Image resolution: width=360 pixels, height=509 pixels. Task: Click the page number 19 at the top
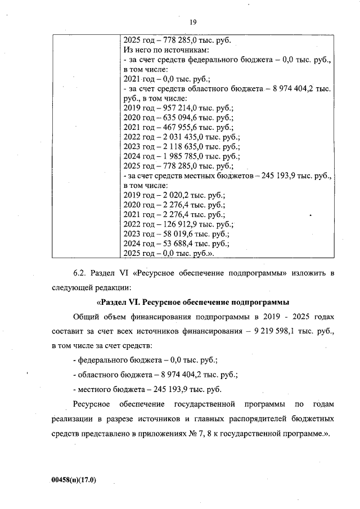[x=192, y=22]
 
